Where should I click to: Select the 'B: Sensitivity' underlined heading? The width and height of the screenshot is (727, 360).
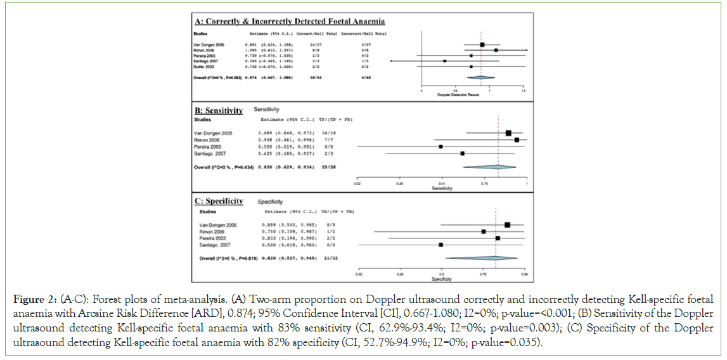point(218,110)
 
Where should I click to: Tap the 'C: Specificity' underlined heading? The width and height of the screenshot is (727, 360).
point(219,201)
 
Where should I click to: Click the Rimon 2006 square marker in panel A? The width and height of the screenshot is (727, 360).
point(496,49)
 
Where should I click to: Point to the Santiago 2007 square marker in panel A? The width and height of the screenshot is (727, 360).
point(445,61)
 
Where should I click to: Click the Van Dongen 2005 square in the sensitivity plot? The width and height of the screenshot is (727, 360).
point(509,132)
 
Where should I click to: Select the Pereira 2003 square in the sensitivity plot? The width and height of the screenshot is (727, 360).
point(441,146)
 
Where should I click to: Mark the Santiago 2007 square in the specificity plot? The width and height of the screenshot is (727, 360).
point(441,245)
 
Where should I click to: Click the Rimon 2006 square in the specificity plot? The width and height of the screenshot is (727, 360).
point(484,231)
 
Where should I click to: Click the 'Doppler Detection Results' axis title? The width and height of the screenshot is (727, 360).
point(458,95)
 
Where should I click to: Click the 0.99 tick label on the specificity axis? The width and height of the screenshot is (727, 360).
point(524,275)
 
